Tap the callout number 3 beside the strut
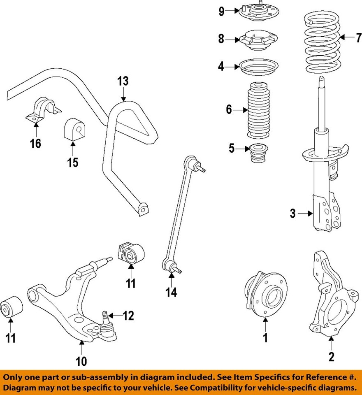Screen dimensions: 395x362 point(292,214)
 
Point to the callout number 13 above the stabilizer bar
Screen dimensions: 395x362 point(123,81)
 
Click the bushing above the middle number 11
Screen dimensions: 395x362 point(131,253)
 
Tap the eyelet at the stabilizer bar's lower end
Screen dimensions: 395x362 point(142,209)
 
